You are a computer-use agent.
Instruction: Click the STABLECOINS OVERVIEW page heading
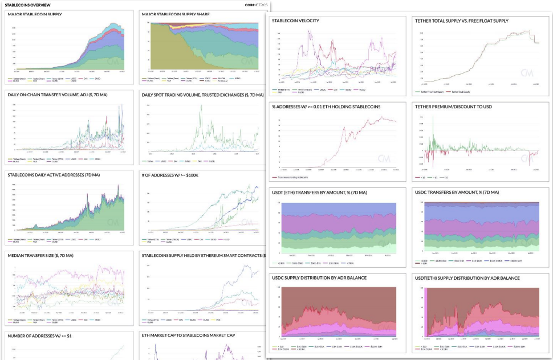tap(28, 5)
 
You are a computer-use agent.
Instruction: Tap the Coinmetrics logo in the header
tap(255, 5)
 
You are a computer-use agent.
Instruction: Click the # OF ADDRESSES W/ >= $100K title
tap(170, 175)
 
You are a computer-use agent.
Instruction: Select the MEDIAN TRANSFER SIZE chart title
tap(40, 255)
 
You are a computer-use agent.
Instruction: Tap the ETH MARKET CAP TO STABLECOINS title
tap(189, 336)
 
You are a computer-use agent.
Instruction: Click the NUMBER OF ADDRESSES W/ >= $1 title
tap(39, 336)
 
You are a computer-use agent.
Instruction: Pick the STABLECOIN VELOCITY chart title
tap(296, 21)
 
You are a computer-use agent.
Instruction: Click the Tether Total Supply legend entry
tap(461, 91)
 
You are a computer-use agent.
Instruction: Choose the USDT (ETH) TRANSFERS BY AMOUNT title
tap(320, 193)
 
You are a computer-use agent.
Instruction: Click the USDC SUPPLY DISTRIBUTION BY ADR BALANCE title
tap(319, 278)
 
